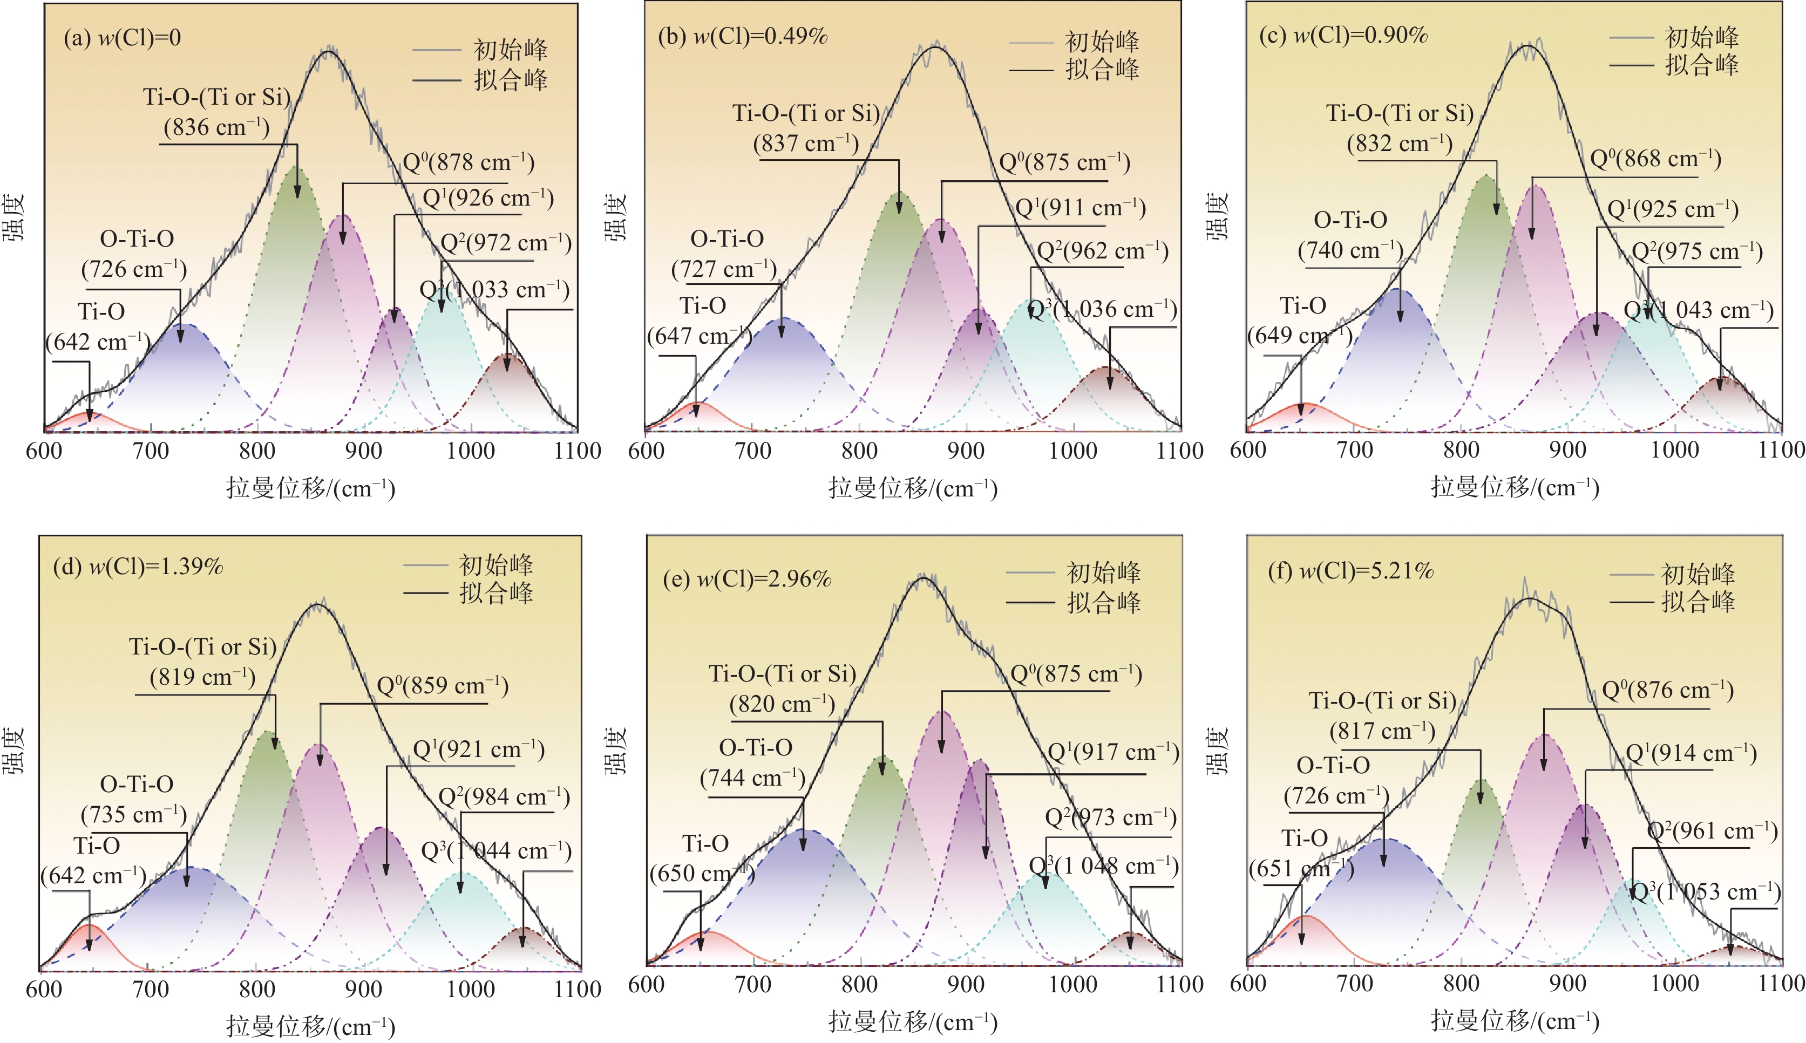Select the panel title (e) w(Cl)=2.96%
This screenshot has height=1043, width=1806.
coord(746,579)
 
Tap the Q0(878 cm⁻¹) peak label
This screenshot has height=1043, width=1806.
coord(469,162)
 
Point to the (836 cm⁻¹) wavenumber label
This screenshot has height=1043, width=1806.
coord(216,127)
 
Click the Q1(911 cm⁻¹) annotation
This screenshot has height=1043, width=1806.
coord(1080,208)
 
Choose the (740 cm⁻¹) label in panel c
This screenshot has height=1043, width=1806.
coord(1350,250)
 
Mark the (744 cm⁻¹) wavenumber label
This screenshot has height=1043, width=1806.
coord(752,778)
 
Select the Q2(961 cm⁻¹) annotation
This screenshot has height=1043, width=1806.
coord(1712,831)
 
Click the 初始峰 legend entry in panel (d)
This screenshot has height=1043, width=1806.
coord(495,565)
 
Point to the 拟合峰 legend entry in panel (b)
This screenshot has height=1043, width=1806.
coord(1102,70)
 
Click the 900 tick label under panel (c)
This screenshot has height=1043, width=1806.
coord(1567,450)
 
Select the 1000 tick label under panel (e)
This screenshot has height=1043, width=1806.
coord(1072,984)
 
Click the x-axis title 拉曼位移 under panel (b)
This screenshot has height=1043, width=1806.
coord(913,488)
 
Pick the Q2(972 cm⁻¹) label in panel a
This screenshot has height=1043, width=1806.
coord(506,243)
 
